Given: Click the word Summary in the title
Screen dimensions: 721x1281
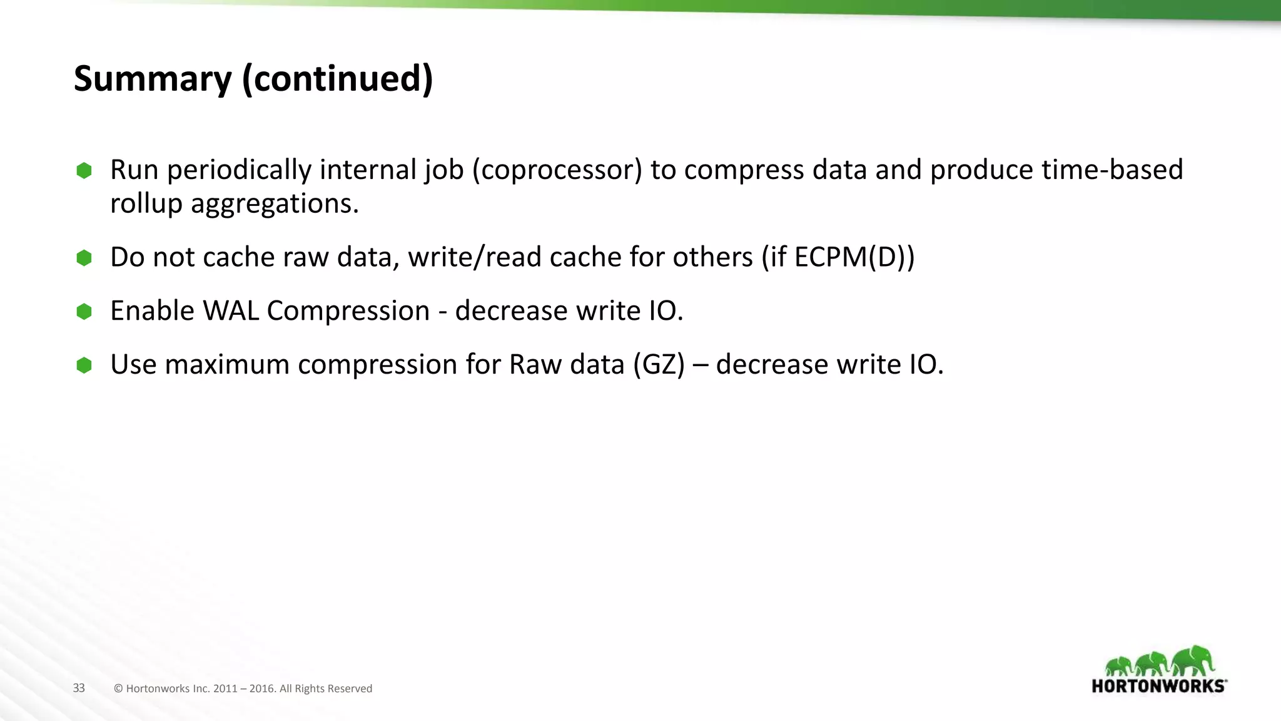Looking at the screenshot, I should coord(153,79).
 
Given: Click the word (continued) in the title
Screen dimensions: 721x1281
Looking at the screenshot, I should coord(337,79).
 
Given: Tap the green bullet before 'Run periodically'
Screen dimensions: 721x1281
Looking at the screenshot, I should coord(84,171).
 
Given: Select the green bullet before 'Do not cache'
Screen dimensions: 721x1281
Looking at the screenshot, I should coord(84,258).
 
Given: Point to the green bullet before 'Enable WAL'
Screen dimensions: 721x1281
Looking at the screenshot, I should coord(84,311).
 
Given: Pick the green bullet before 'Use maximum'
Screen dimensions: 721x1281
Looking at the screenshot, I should coord(84,365).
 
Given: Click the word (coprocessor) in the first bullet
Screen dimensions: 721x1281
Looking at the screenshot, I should coord(557,170).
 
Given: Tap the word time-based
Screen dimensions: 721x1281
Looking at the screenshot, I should coord(1112,170).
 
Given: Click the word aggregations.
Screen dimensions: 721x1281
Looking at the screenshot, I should coord(275,204).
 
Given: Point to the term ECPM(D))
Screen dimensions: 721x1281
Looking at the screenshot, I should coord(854,257).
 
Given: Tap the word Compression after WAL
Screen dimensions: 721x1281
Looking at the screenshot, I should coord(348,311).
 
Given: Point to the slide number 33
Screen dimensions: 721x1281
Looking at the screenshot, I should coord(79,688).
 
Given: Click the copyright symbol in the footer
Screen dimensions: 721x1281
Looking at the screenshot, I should coord(118,689).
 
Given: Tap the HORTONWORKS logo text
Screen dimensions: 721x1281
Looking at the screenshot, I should coord(1158,686).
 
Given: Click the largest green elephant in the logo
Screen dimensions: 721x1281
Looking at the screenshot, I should coord(1193,661).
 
